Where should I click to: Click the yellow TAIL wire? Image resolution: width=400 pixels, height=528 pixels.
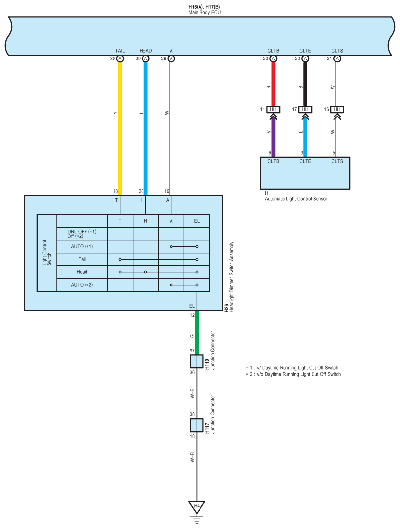coord(120,128)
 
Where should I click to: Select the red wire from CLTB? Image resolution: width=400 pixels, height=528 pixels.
coord(273,84)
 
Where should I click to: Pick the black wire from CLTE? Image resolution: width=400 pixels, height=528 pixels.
coord(305,84)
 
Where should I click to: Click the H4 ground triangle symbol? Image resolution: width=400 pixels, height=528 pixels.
coord(197,506)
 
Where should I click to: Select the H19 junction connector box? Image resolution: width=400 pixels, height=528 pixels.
coord(197,361)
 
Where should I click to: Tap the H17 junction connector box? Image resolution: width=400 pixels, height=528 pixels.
coord(197,425)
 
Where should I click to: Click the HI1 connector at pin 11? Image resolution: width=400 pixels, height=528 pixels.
coord(273,109)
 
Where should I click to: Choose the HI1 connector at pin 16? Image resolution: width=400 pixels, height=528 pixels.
coord(337,109)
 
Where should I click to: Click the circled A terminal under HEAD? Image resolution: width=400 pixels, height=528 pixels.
coord(145,59)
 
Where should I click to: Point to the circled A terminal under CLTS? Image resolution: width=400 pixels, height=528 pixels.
coord(337,59)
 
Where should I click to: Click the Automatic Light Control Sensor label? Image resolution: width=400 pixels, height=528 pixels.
coord(296,199)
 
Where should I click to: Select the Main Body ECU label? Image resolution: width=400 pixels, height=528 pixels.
coord(205,12)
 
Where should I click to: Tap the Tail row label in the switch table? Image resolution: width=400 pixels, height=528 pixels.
coord(82,259)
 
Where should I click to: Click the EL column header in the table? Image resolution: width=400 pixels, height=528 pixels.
coord(197,221)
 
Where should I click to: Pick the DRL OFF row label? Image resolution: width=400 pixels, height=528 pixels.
coord(82,231)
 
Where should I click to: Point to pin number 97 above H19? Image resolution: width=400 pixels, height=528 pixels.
coord(192,351)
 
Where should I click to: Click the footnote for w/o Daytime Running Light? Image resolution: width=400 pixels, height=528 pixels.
coord(293,374)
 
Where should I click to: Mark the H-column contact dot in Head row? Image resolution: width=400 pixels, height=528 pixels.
coord(145,272)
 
